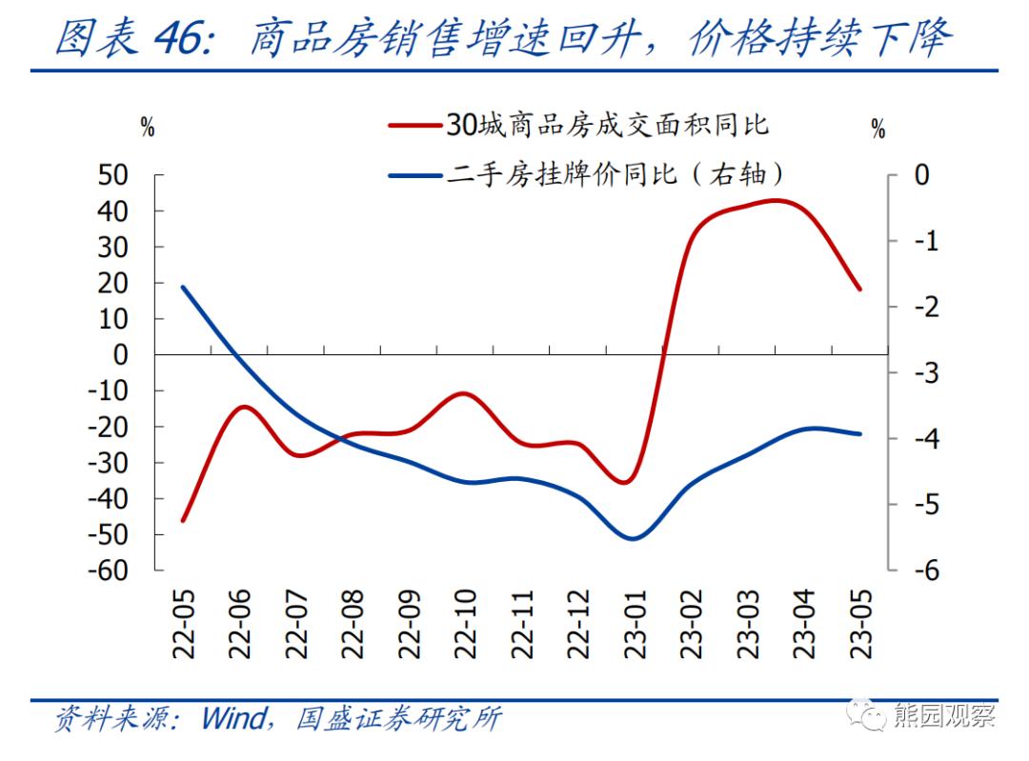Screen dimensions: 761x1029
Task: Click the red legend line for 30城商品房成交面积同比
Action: click(416, 125)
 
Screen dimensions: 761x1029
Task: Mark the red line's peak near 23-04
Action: click(777, 200)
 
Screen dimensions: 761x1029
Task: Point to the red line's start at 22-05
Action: click(182, 520)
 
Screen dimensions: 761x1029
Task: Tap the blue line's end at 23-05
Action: click(860, 433)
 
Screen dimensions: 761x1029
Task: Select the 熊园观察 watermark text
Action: click(945, 716)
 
